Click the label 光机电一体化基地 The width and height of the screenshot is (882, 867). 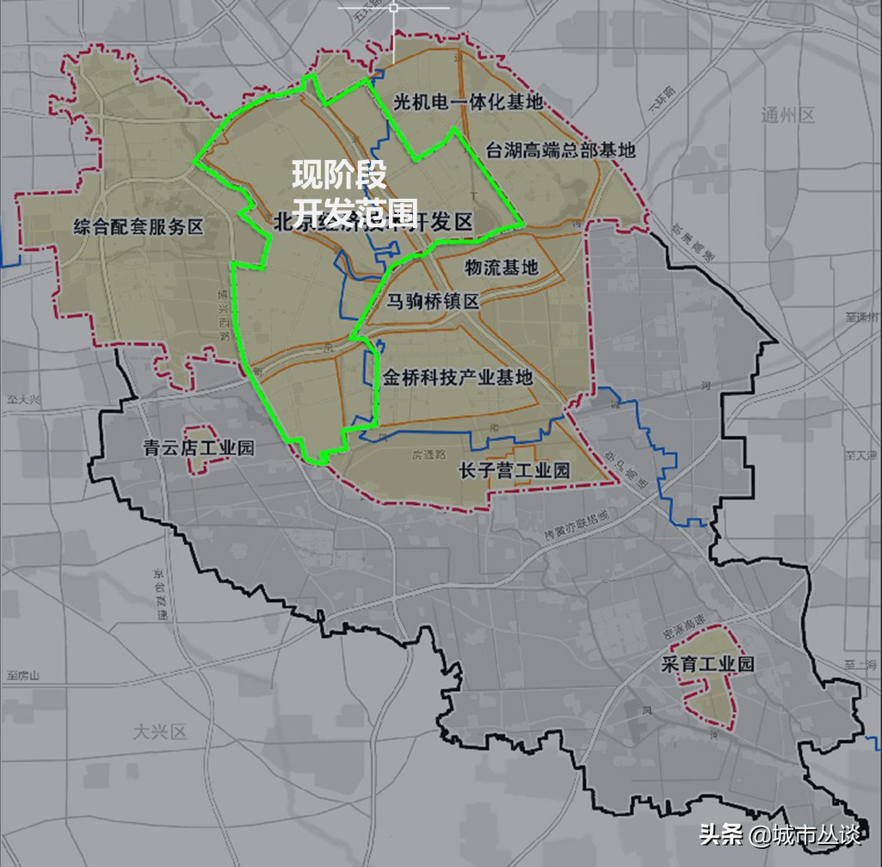point(468,101)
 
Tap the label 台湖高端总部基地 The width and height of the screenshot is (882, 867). point(560,150)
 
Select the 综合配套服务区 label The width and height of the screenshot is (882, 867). point(139,228)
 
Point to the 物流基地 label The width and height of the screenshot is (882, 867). point(501,267)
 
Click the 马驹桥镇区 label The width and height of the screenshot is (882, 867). point(432,301)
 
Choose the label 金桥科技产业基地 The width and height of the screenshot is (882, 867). point(458,377)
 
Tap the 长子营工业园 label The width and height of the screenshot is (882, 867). point(515,470)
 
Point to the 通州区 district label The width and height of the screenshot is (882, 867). point(787,116)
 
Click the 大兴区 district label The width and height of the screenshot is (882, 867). point(160,732)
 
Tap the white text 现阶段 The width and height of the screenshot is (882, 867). point(338,175)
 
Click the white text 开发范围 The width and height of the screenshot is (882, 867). point(355,211)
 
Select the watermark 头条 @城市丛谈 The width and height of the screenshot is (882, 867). point(779,833)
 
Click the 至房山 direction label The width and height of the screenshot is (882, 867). point(23,676)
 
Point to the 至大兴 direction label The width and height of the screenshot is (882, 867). point(23,400)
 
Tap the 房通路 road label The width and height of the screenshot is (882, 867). point(428,453)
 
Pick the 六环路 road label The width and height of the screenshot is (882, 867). point(657,113)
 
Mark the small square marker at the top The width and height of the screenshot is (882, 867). point(393,8)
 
